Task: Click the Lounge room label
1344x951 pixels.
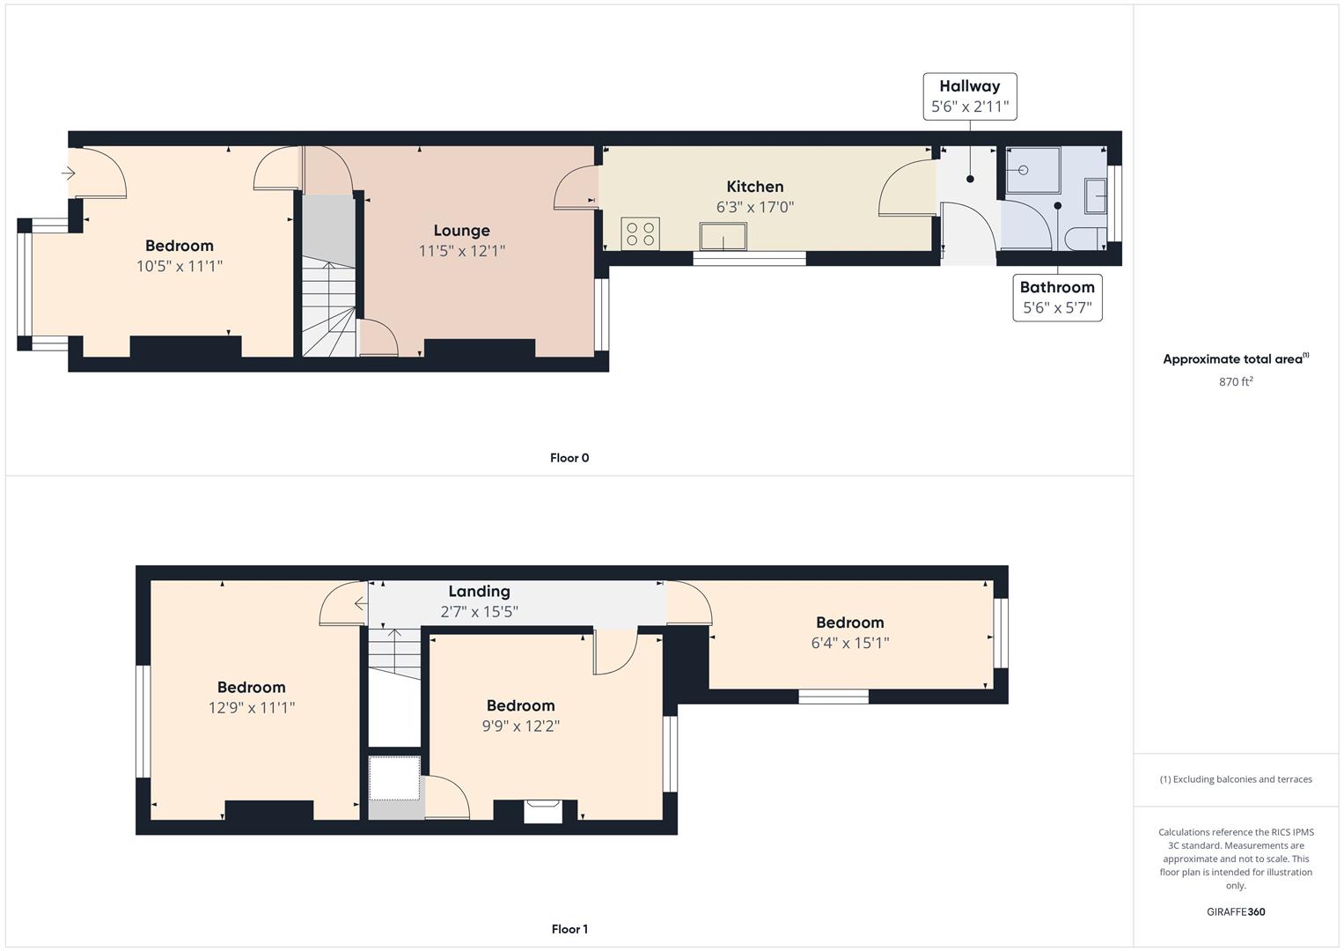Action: [461, 231]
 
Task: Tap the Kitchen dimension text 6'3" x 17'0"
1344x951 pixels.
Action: [755, 207]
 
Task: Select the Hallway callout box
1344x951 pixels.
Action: [970, 97]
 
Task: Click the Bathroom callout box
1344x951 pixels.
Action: [1057, 298]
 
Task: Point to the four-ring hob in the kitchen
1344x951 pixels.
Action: [640, 233]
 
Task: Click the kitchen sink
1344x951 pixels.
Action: [723, 236]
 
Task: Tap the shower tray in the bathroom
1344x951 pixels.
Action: [1032, 170]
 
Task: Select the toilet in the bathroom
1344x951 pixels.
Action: [1086, 239]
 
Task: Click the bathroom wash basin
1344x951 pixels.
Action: [1096, 195]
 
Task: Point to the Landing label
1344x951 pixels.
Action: [479, 592]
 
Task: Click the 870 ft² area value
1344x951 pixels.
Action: [1236, 382]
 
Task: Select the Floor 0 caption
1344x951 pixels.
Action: [569, 458]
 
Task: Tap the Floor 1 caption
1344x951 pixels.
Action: [569, 929]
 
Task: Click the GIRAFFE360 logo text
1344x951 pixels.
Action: [1236, 912]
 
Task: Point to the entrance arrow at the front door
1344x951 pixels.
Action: [68, 173]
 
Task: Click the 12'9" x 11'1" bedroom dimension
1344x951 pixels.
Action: [252, 708]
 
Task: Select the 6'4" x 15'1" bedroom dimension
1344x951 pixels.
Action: [849, 643]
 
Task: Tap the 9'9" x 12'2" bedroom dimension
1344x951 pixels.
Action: [521, 726]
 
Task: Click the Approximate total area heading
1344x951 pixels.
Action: [1236, 359]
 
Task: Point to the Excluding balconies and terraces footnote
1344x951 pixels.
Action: [1236, 779]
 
